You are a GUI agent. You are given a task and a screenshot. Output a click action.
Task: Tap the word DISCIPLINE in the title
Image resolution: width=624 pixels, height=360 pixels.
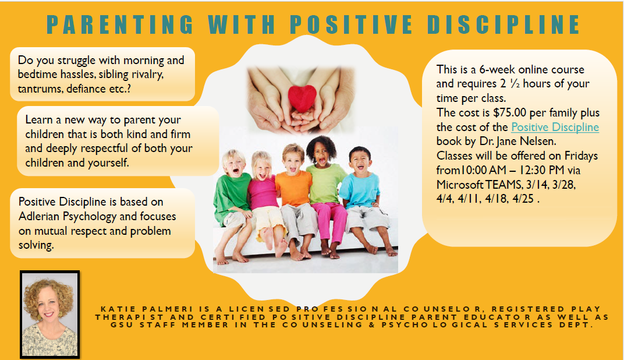tap(504, 24)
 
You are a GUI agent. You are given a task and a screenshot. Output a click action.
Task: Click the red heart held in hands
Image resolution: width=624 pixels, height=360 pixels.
tap(302, 98)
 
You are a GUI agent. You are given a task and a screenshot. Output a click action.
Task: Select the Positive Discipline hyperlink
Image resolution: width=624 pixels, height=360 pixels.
tap(555, 127)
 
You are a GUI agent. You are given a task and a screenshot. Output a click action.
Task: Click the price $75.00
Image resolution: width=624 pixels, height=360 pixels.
tap(509, 112)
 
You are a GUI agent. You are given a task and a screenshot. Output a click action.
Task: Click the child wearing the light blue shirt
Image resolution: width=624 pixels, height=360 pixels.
tap(366, 199)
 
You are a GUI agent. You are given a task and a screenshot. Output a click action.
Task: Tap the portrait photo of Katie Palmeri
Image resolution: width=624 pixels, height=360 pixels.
tap(49, 315)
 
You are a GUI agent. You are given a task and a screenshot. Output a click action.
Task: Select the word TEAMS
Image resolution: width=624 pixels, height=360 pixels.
tap(503, 185)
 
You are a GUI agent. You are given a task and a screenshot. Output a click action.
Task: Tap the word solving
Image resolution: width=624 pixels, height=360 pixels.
tap(36, 245)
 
